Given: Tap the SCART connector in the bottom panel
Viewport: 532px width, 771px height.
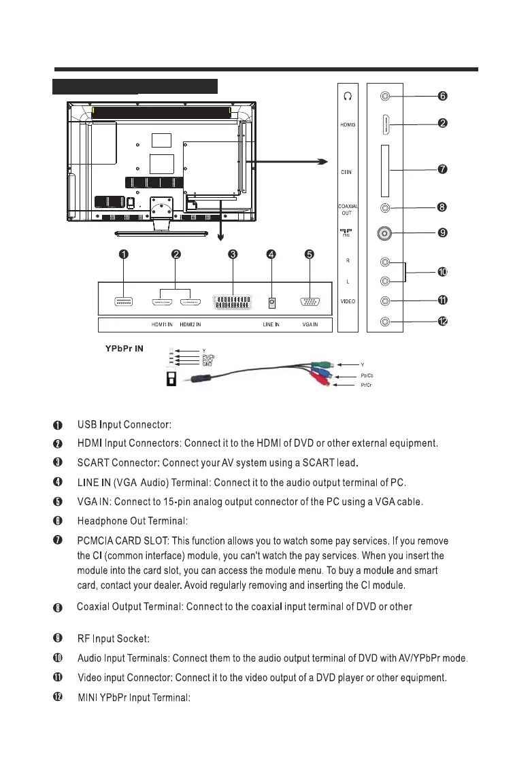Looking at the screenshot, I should click(233, 302).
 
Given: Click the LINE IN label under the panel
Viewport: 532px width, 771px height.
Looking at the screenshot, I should click(271, 325).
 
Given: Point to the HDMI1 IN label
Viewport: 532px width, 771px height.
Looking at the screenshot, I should click(161, 325).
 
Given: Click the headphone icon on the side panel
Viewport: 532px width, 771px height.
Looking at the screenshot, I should click(348, 97).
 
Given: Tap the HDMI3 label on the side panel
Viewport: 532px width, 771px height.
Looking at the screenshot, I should click(348, 125).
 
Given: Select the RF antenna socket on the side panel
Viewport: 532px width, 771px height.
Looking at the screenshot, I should click(385, 233).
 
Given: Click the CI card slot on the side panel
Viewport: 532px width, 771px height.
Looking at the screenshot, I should click(385, 169).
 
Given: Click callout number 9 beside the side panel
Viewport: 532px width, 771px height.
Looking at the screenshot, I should click(442, 233).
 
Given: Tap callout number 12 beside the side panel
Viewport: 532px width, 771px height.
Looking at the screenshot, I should click(442, 321).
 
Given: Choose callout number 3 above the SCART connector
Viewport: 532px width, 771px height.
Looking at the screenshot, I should click(233, 254).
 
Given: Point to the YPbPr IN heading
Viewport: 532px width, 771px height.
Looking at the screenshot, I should click(123, 349).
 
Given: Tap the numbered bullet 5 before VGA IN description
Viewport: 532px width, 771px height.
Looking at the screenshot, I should click(59, 502).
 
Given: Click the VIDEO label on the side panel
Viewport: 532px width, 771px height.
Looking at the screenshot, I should click(348, 301).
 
